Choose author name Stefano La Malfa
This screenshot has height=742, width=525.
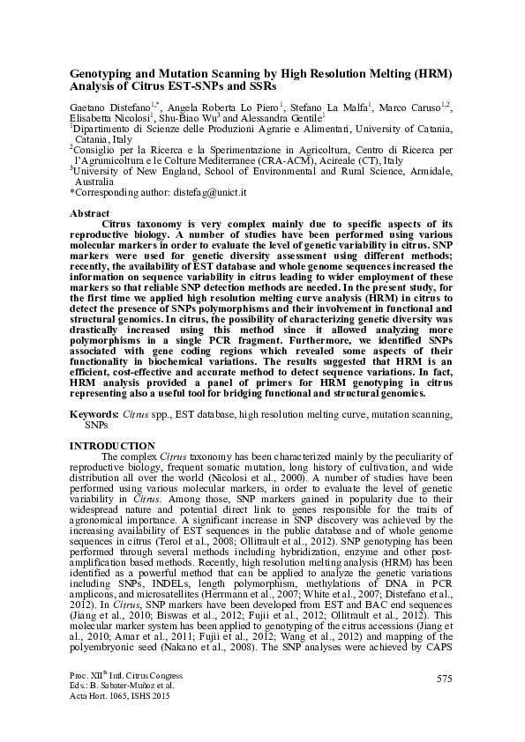[337, 107]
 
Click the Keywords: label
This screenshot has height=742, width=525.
[94, 414]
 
